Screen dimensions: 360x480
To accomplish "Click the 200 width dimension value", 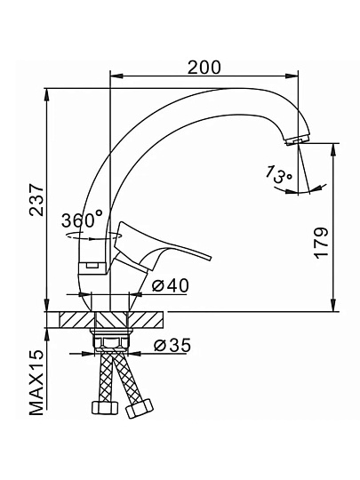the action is click(x=204, y=68).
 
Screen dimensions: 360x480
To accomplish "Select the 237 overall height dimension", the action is click(x=37, y=200).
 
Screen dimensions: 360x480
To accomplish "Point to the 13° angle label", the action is click(x=279, y=175).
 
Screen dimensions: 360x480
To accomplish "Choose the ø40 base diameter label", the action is click(x=171, y=286).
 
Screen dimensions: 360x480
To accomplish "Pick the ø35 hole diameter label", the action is click(x=172, y=345).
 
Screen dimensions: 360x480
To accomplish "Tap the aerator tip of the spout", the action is click(x=297, y=140).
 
